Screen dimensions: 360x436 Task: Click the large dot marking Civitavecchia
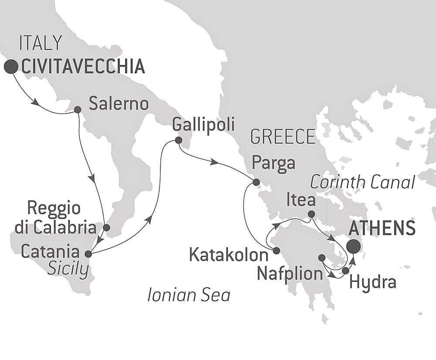point(11,66)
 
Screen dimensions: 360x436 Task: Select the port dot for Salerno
point(77,110)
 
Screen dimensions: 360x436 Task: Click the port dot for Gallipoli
point(178,141)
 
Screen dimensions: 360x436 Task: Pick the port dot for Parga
point(256,182)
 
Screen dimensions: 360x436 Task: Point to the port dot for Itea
point(311,214)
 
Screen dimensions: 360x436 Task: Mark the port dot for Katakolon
point(276,250)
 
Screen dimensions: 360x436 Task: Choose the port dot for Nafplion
point(322,258)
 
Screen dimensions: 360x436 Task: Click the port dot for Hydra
point(345,271)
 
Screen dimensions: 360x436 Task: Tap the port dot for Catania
point(88,254)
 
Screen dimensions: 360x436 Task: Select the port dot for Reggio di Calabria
point(106,227)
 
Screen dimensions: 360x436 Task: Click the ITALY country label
point(41,44)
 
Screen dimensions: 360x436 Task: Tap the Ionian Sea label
point(188,295)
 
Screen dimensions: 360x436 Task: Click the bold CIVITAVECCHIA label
point(82,67)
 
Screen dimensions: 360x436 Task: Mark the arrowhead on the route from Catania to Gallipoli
point(150,219)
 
